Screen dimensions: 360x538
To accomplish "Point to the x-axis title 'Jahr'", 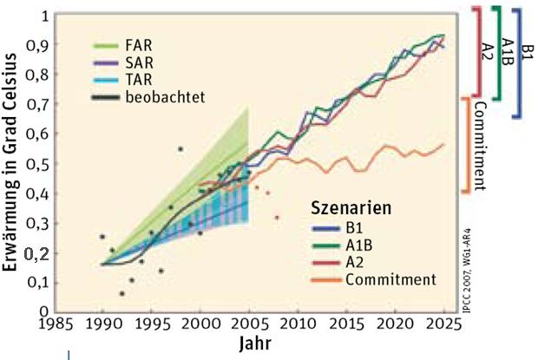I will point(256,344).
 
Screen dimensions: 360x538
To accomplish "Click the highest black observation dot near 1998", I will point(180,149).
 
